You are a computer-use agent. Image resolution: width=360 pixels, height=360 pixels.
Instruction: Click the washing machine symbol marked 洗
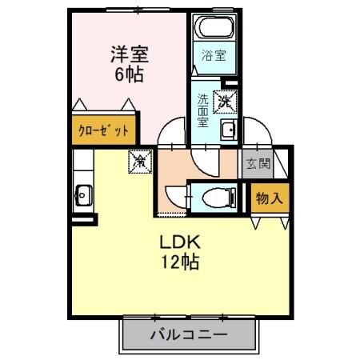point(223,102)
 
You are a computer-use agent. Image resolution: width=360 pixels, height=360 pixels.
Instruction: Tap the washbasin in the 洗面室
point(228,132)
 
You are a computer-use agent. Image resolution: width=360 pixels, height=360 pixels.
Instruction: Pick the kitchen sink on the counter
point(82,194)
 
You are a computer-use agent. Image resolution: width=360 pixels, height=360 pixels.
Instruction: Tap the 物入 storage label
point(268,197)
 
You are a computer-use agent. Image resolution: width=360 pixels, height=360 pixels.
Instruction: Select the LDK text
point(182,242)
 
